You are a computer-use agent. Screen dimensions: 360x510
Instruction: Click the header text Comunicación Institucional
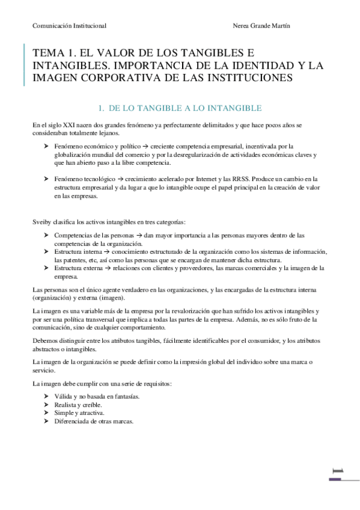pos(70,26)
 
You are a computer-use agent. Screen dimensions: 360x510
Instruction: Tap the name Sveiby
pos(43,222)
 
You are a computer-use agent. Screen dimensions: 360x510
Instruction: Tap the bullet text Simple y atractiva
pos(79,414)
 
